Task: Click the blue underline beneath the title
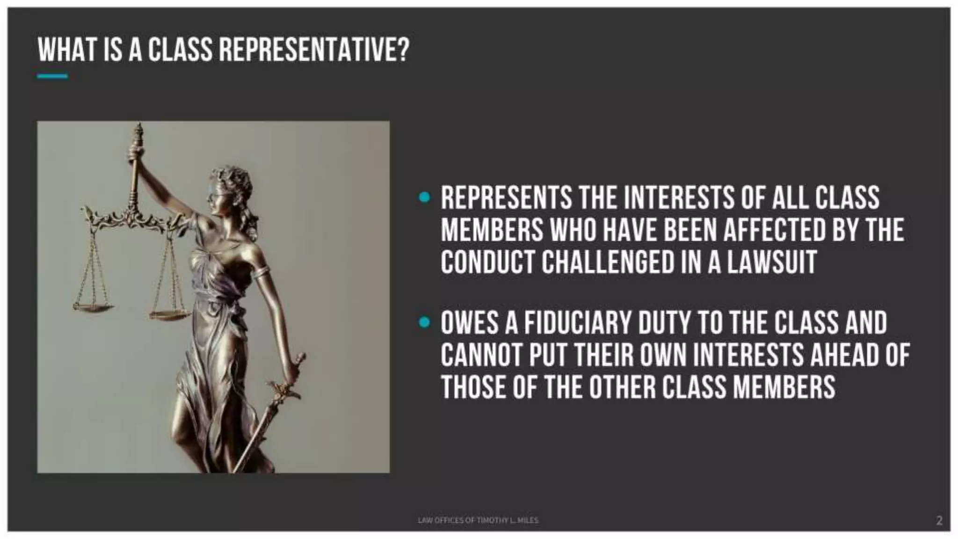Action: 52,76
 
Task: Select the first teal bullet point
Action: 424,197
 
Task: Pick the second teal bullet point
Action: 424,322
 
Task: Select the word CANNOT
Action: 481,355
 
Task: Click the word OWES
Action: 469,323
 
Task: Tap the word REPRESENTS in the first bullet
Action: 506,197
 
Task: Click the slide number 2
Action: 939,520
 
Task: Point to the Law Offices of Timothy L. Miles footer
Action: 478,520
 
